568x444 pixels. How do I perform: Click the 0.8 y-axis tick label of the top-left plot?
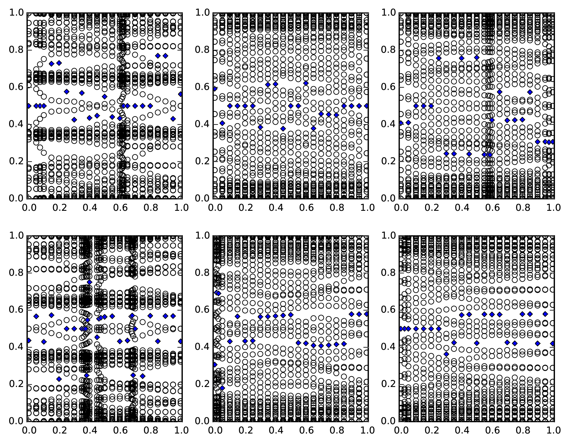pyautogui.click(x=16, y=50)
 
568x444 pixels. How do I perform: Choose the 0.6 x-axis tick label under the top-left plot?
pyautogui.click(x=120, y=208)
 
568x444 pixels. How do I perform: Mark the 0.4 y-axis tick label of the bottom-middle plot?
pyautogui.click(x=203, y=347)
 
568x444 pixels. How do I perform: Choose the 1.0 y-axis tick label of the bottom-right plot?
pyautogui.click(x=389, y=235)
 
